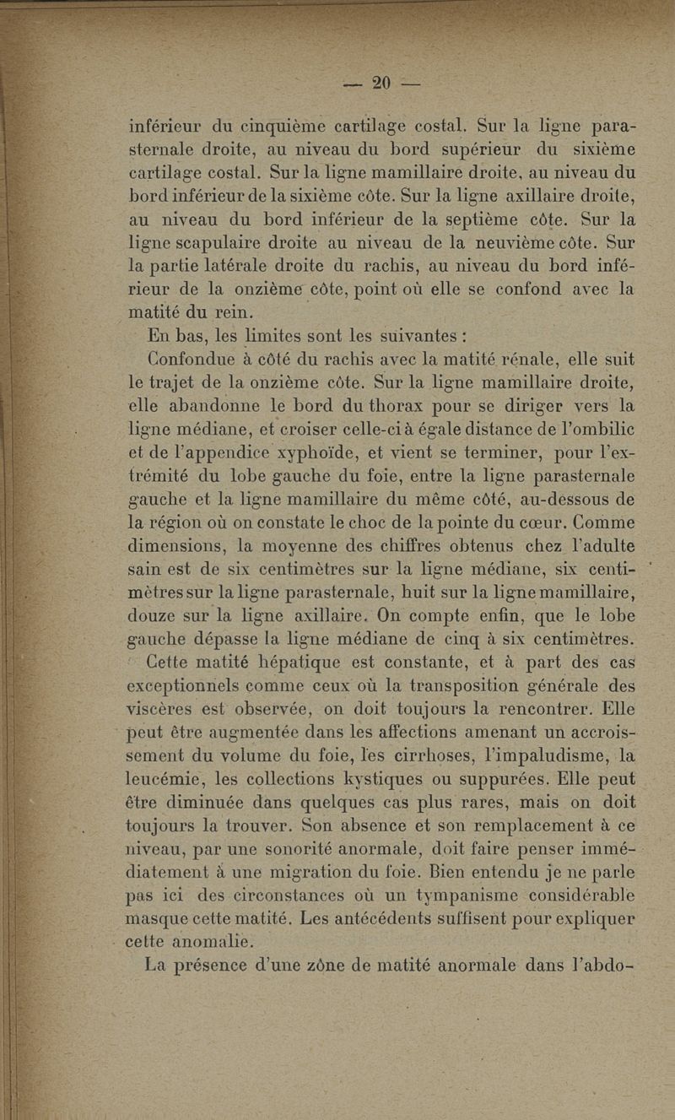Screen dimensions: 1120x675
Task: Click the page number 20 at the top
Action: point(381,83)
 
